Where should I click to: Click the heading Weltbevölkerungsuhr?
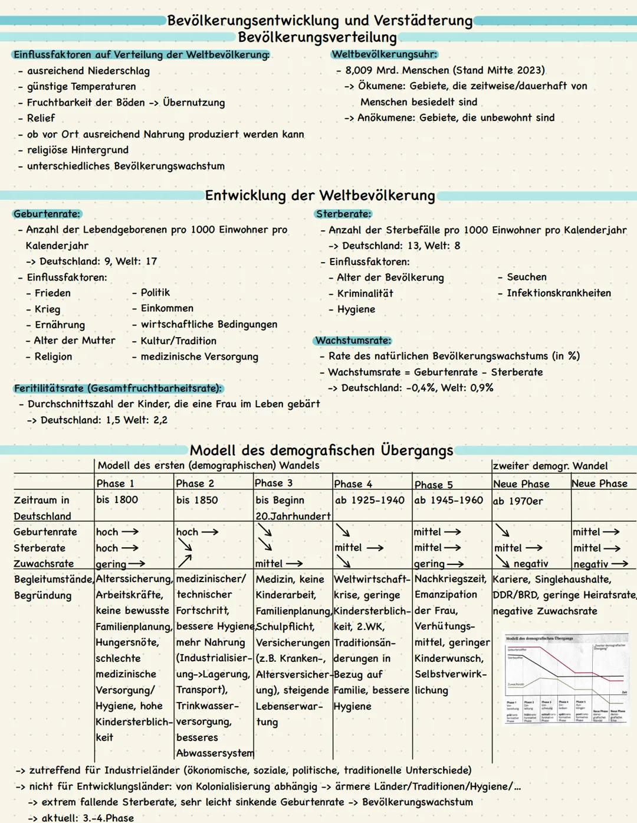tap(385, 54)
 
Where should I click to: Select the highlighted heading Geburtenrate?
tap(47, 214)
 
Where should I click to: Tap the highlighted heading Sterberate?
tap(343, 214)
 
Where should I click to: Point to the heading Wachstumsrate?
tap(353, 340)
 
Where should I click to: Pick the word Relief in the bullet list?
tap(41, 118)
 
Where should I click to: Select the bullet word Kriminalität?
tap(365, 293)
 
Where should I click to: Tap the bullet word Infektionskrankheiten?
tap(559, 293)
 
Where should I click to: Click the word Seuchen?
tap(526, 277)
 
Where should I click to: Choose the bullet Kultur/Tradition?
tap(178, 341)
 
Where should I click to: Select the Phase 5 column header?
tap(434, 485)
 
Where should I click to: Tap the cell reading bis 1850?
tap(197, 500)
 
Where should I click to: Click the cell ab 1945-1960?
tap(448, 500)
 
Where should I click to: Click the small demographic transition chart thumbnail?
tap(566, 679)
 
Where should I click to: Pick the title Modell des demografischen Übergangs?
tap(321, 450)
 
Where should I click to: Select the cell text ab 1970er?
tap(518, 501)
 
